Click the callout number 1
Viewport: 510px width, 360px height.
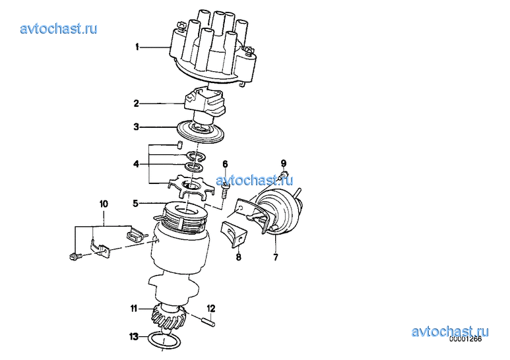pyautogui.click(x=137, y=47)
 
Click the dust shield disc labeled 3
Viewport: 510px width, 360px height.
pyautogui.click(x=201, y=132)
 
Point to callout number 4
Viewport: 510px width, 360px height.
pyautogui.click(x=137, y=164)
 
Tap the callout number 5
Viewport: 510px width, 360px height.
pyautogui.click(x=136, y=204)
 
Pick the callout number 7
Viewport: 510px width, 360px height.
pyautogui.click(x=276, y=258)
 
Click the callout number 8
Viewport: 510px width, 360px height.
pyautogui.click(x=239, y=258)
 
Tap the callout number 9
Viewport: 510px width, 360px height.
pyautogui.click(x=284, y=163)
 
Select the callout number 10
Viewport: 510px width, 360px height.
pyautogui.click(x=104, y=204)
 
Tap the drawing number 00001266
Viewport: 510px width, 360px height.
pyautogui.click(x=465, y=339)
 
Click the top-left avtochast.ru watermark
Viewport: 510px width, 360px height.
pyautogui.click(x=59, y=28)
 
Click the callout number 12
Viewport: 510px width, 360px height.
pyautogui.click(x=211, y=308)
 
